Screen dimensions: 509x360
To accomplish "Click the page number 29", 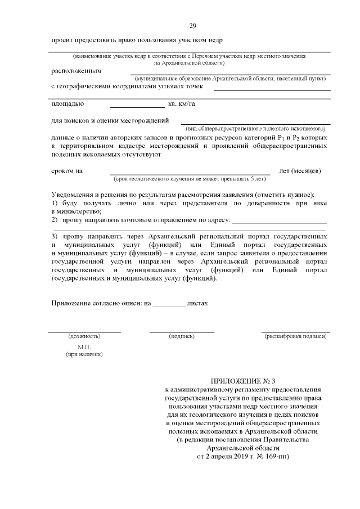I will pos(192,26).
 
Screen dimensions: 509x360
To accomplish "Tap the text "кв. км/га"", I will pos(182,104).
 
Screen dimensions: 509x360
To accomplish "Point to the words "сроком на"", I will pos(67,170).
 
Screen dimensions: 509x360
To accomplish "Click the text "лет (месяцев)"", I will pos(300,170).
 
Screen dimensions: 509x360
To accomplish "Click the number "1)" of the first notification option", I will pos(55,201).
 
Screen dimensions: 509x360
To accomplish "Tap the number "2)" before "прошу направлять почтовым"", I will pos(55,219).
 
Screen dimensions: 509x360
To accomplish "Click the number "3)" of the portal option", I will pos(55,236).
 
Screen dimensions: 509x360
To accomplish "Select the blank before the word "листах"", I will pos(169,304).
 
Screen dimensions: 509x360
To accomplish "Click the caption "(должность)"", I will pos(84,336).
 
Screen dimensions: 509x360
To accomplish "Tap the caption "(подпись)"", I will pos(182,336).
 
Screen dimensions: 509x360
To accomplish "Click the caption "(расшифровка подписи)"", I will pos(295,336).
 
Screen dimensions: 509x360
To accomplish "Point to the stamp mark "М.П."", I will pos(84,347).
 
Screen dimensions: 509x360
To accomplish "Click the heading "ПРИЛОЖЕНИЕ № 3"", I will pos(242,381).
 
